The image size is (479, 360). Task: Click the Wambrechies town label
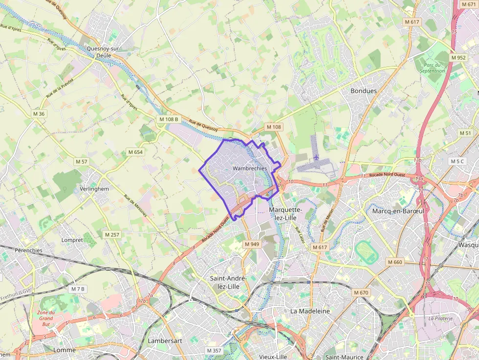point(250,168)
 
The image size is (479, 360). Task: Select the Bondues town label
point(364,91)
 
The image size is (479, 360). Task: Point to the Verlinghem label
point(94,189)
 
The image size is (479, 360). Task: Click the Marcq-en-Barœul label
point(398,211)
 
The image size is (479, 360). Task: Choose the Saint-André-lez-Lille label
point(228,282)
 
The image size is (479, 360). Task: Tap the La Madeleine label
point(310,311)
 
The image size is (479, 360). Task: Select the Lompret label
point(72,240)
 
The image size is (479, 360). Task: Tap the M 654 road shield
point(135,152)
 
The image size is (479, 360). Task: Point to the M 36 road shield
point(39,114)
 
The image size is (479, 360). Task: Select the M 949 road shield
point(252,244)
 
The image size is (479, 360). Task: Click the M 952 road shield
point(458,57)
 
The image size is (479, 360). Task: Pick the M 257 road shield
point(112,234)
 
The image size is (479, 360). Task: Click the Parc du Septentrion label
point(432,67)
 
